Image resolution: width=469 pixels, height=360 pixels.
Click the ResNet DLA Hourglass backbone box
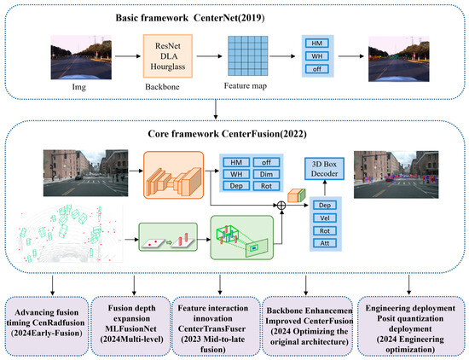[x=167, y=56]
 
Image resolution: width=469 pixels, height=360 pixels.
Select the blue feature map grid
[x=248, y=56]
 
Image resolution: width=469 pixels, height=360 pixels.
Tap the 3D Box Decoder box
[x=324, y=169]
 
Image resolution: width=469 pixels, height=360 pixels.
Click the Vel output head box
[x=325, y=218]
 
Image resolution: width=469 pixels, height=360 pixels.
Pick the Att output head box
[x=325, y=243]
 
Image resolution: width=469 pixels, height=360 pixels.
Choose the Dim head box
[x=266, y=174]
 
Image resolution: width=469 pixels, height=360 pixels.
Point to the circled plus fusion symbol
[x=281, y=206]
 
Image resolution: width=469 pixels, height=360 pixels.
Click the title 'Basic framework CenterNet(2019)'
[x=190, y=18]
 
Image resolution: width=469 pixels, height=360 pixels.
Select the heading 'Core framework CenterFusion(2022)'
[x=227, y=133]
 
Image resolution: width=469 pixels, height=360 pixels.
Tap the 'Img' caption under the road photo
[x=79, y=87]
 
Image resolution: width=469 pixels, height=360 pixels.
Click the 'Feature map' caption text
[x=246, y=86]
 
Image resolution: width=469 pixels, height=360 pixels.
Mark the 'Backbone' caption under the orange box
[x=162, y=87]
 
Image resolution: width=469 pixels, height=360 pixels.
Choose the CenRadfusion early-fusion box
[x=47, y=326]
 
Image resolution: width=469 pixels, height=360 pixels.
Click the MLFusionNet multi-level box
[x=131, y=326]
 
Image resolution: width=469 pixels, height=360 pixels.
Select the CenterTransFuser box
[x=216, y=326]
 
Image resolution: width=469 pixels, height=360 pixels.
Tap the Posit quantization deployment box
[x=411, y=326]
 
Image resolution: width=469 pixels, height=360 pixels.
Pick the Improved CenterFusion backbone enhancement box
[x=308, y=326]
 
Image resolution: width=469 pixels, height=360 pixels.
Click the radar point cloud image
[x=69, y=234]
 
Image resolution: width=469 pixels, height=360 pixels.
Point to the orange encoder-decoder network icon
[x=173, y=175]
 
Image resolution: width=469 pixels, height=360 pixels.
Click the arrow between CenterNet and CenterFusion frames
[x=216, y=109]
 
